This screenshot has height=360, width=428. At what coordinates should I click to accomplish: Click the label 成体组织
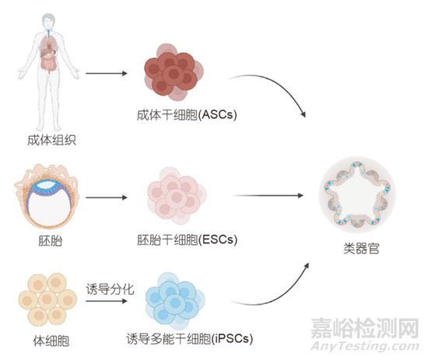coord(51,140)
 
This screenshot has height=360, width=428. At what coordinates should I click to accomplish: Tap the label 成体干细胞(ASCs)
coord(187,115)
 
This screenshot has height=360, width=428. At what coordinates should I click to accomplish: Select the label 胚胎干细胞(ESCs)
coord(188,240)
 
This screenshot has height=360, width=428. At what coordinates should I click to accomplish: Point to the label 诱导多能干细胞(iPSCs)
coord(189,339)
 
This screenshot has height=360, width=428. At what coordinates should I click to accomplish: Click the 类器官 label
coord(361,248)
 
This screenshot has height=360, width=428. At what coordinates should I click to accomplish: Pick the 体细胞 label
coord(51,341)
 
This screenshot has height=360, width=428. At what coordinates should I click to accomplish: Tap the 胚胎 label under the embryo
coord(51,240)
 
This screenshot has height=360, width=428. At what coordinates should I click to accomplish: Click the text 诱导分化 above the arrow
coord(110,289)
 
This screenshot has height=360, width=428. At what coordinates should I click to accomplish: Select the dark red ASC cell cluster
coord(174,72)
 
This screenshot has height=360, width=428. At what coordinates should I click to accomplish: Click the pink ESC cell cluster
coord(177,195)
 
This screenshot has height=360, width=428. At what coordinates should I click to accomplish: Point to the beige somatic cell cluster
coord(47,299)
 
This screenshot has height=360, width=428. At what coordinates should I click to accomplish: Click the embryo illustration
coord(47,197)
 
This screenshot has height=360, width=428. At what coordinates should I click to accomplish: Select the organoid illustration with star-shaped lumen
coord(357,194)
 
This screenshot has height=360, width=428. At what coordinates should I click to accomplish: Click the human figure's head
coord(48,21)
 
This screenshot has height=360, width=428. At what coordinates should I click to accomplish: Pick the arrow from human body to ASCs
coord(107,73)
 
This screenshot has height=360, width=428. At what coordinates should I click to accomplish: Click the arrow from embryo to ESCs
coord(107,197)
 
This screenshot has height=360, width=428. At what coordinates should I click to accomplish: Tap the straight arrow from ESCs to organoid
coord(267,195)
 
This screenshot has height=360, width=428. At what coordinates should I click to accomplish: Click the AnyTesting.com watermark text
coord(365,346)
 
